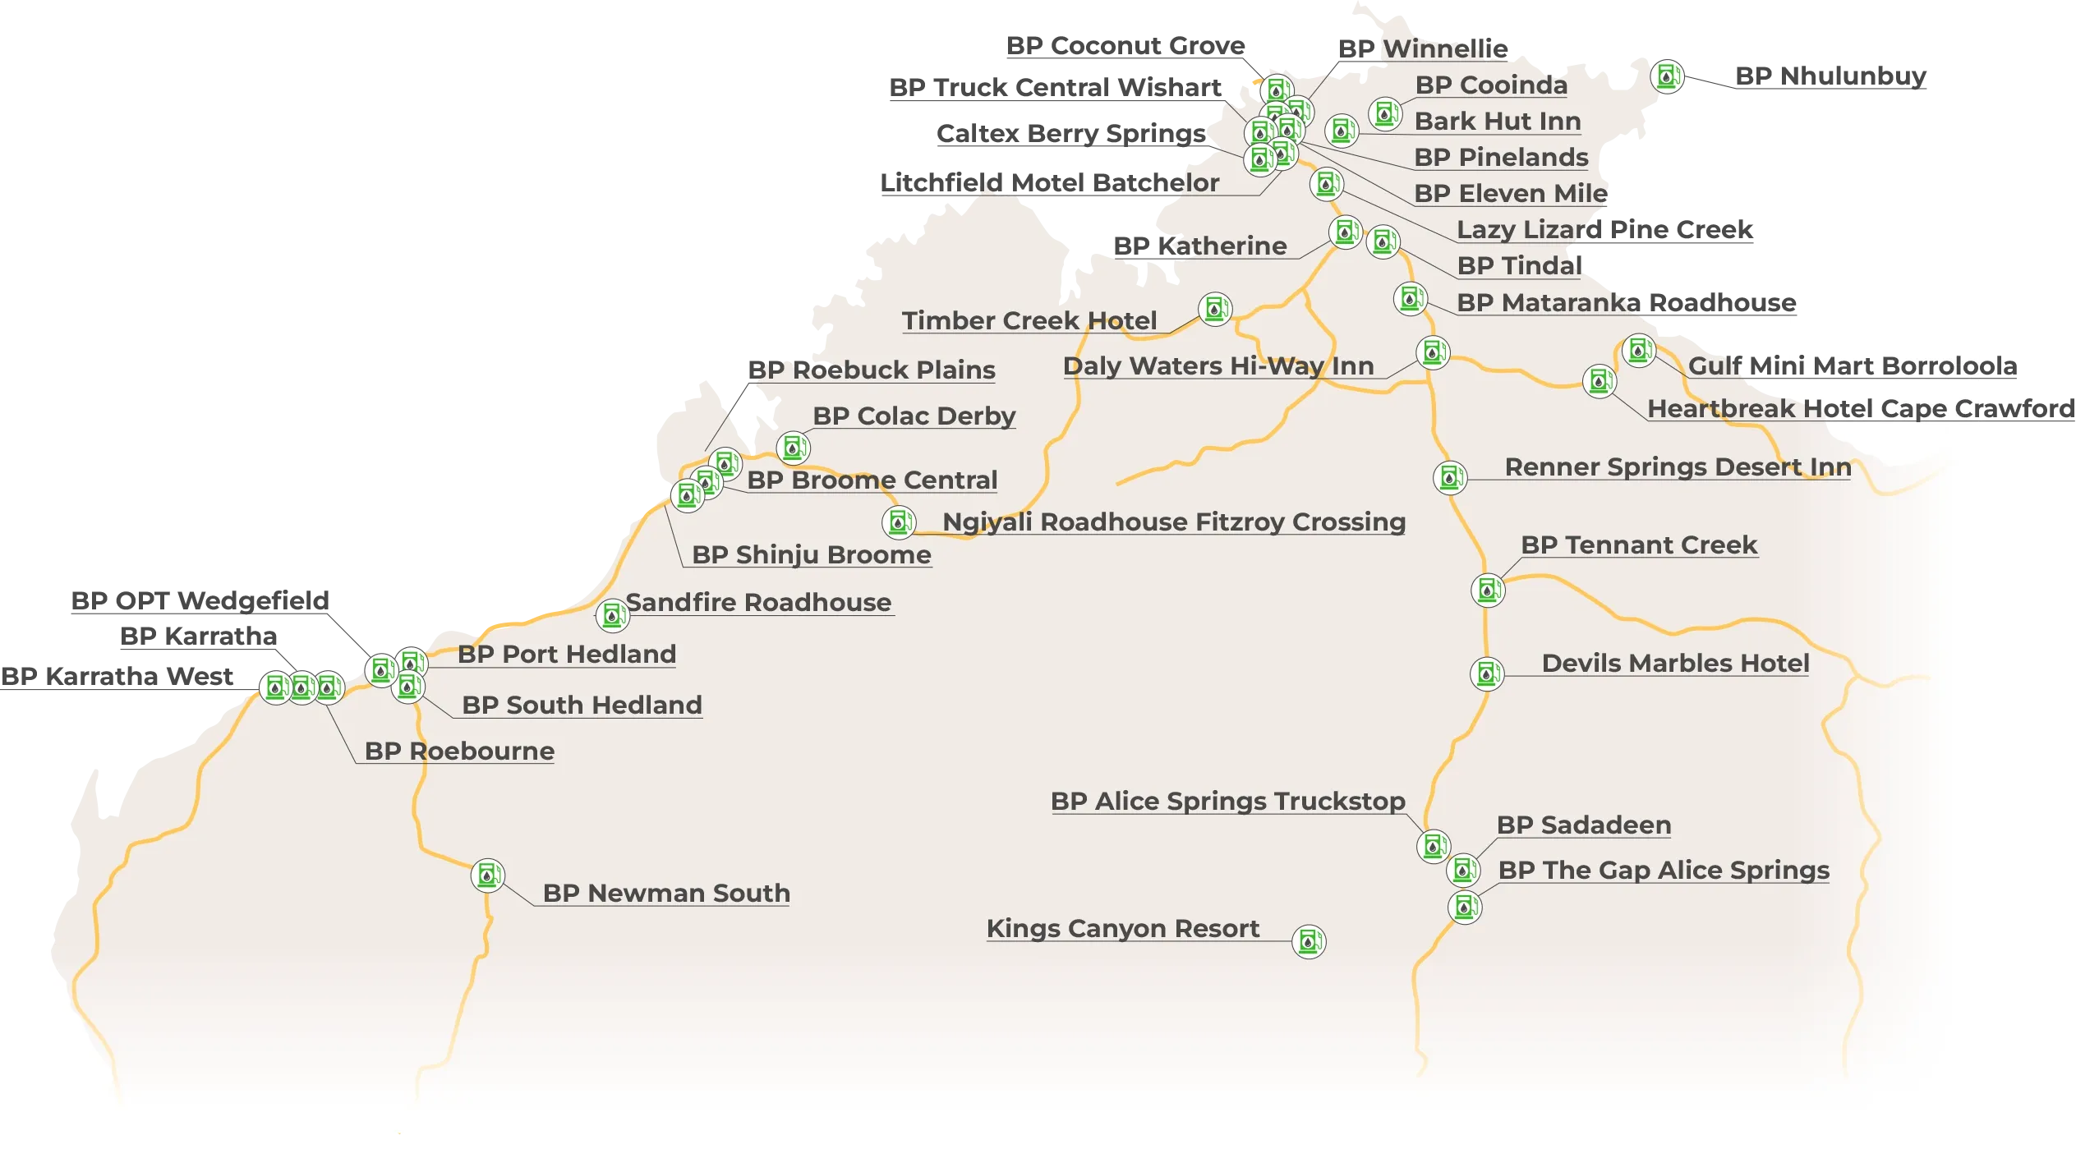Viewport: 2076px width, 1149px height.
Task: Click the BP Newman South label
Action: [x=666, y=893]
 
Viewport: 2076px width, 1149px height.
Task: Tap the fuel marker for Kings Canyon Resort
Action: [x=1309, y=941]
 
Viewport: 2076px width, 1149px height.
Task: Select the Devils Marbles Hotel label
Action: [x=1675, y=663]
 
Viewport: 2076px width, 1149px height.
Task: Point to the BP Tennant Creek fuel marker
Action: [x=1488, y=590]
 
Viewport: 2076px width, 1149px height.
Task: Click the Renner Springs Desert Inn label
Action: [x=1678, y=466]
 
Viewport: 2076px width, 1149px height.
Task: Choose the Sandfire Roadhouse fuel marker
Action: [x=612, y=614]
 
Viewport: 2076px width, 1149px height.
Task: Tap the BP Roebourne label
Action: [x=459, y=751]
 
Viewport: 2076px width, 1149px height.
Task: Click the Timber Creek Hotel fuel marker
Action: [x=1215, y=309]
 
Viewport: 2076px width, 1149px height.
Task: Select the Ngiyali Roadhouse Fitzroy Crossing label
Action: [x=1174, y=522]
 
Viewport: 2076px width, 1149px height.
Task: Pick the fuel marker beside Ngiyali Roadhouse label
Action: [x=898, y=522]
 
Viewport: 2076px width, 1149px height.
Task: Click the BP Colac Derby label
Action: [x=914, y=416]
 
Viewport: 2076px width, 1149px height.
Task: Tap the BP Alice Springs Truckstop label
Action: [x=1227, y=801]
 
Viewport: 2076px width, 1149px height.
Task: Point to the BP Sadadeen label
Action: [x=1584, y=825]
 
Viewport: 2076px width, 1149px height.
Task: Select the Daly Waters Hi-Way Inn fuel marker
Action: [x=1433, y=352]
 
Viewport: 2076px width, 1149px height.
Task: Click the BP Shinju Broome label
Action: [x=812, y=554]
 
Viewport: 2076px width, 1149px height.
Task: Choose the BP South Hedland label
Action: [x=582, y=705]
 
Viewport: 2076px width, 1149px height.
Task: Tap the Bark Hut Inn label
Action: [x=1498, y=121]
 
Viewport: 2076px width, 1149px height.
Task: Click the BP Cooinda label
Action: [x=1491, y=85]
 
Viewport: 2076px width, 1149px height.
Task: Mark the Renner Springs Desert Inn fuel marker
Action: [x=1450, y=477]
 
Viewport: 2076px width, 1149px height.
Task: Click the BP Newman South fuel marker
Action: [x=487, y=876]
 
